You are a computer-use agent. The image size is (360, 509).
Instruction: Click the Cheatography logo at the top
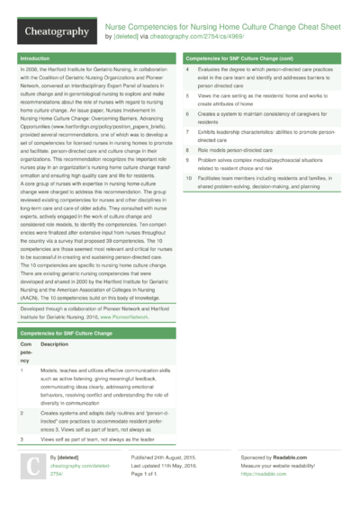55,31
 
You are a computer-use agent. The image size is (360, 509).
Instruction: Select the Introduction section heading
35,58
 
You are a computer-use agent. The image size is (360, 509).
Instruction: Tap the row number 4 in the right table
187,70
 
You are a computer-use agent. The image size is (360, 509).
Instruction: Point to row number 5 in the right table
187,94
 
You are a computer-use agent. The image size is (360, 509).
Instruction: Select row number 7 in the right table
187,132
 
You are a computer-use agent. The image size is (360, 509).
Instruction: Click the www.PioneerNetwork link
123,291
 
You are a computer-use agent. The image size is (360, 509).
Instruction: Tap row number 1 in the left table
21,345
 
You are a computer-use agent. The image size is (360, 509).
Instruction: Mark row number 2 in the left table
21,412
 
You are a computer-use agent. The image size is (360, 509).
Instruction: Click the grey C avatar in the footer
31,468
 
